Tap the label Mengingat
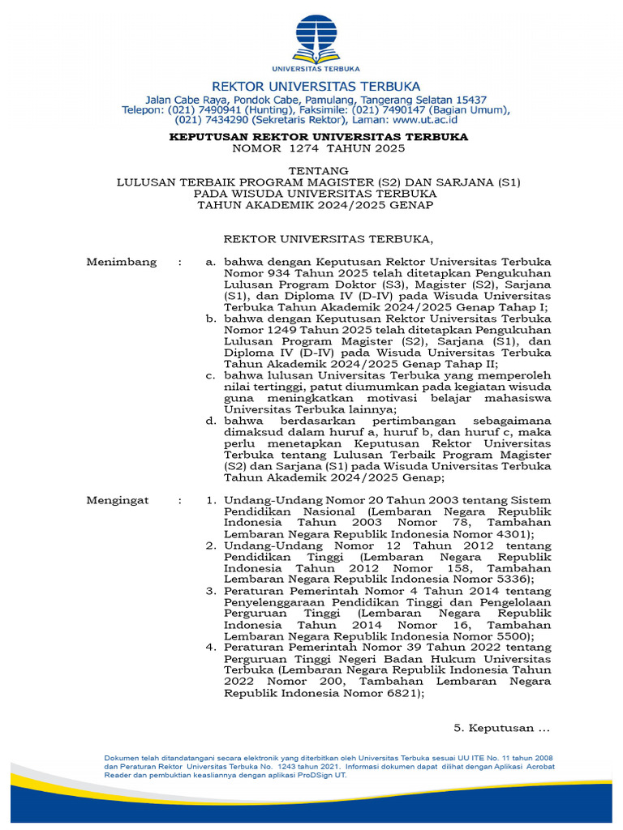[118, 500]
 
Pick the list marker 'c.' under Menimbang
[210, 375]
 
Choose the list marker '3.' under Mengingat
[210, 591]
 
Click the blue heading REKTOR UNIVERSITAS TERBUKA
[316, 86]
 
